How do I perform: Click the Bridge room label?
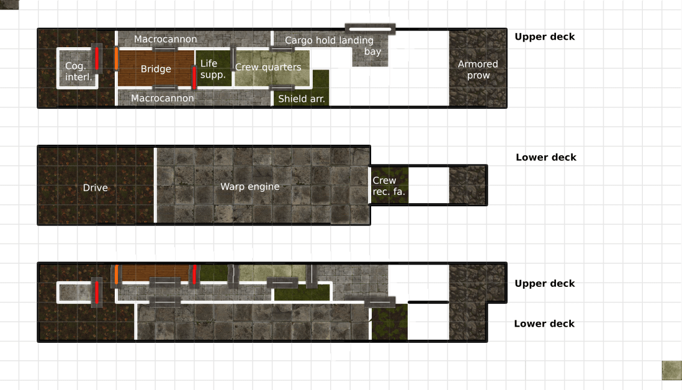tap(156, 69)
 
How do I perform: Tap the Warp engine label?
tap(250, 187)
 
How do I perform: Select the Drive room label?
tap(95, 188)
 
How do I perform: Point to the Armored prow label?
tap(478, 70)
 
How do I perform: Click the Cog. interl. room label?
tap(78, 71)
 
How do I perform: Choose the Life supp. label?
tap(213, 69)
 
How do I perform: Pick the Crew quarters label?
tap(268, 67)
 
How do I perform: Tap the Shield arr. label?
tap(302, 99)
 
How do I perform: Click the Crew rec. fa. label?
tap(388, 186)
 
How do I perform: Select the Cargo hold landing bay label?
tap(333, 46)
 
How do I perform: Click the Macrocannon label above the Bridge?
tap(165, 39)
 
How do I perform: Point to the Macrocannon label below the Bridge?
tap(162, 98)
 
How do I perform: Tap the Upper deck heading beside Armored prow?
tap(545, 37)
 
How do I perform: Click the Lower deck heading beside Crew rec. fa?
tap(546, 158)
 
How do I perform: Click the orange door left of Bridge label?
tap(117, 58)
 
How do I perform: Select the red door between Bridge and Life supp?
tap(194, 77)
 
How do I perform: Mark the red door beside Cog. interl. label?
tap(97, 58)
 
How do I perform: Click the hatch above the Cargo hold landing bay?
tap(370, 29)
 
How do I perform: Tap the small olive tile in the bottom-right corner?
tap(671, 370)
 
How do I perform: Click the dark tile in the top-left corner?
tap(9, 4)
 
